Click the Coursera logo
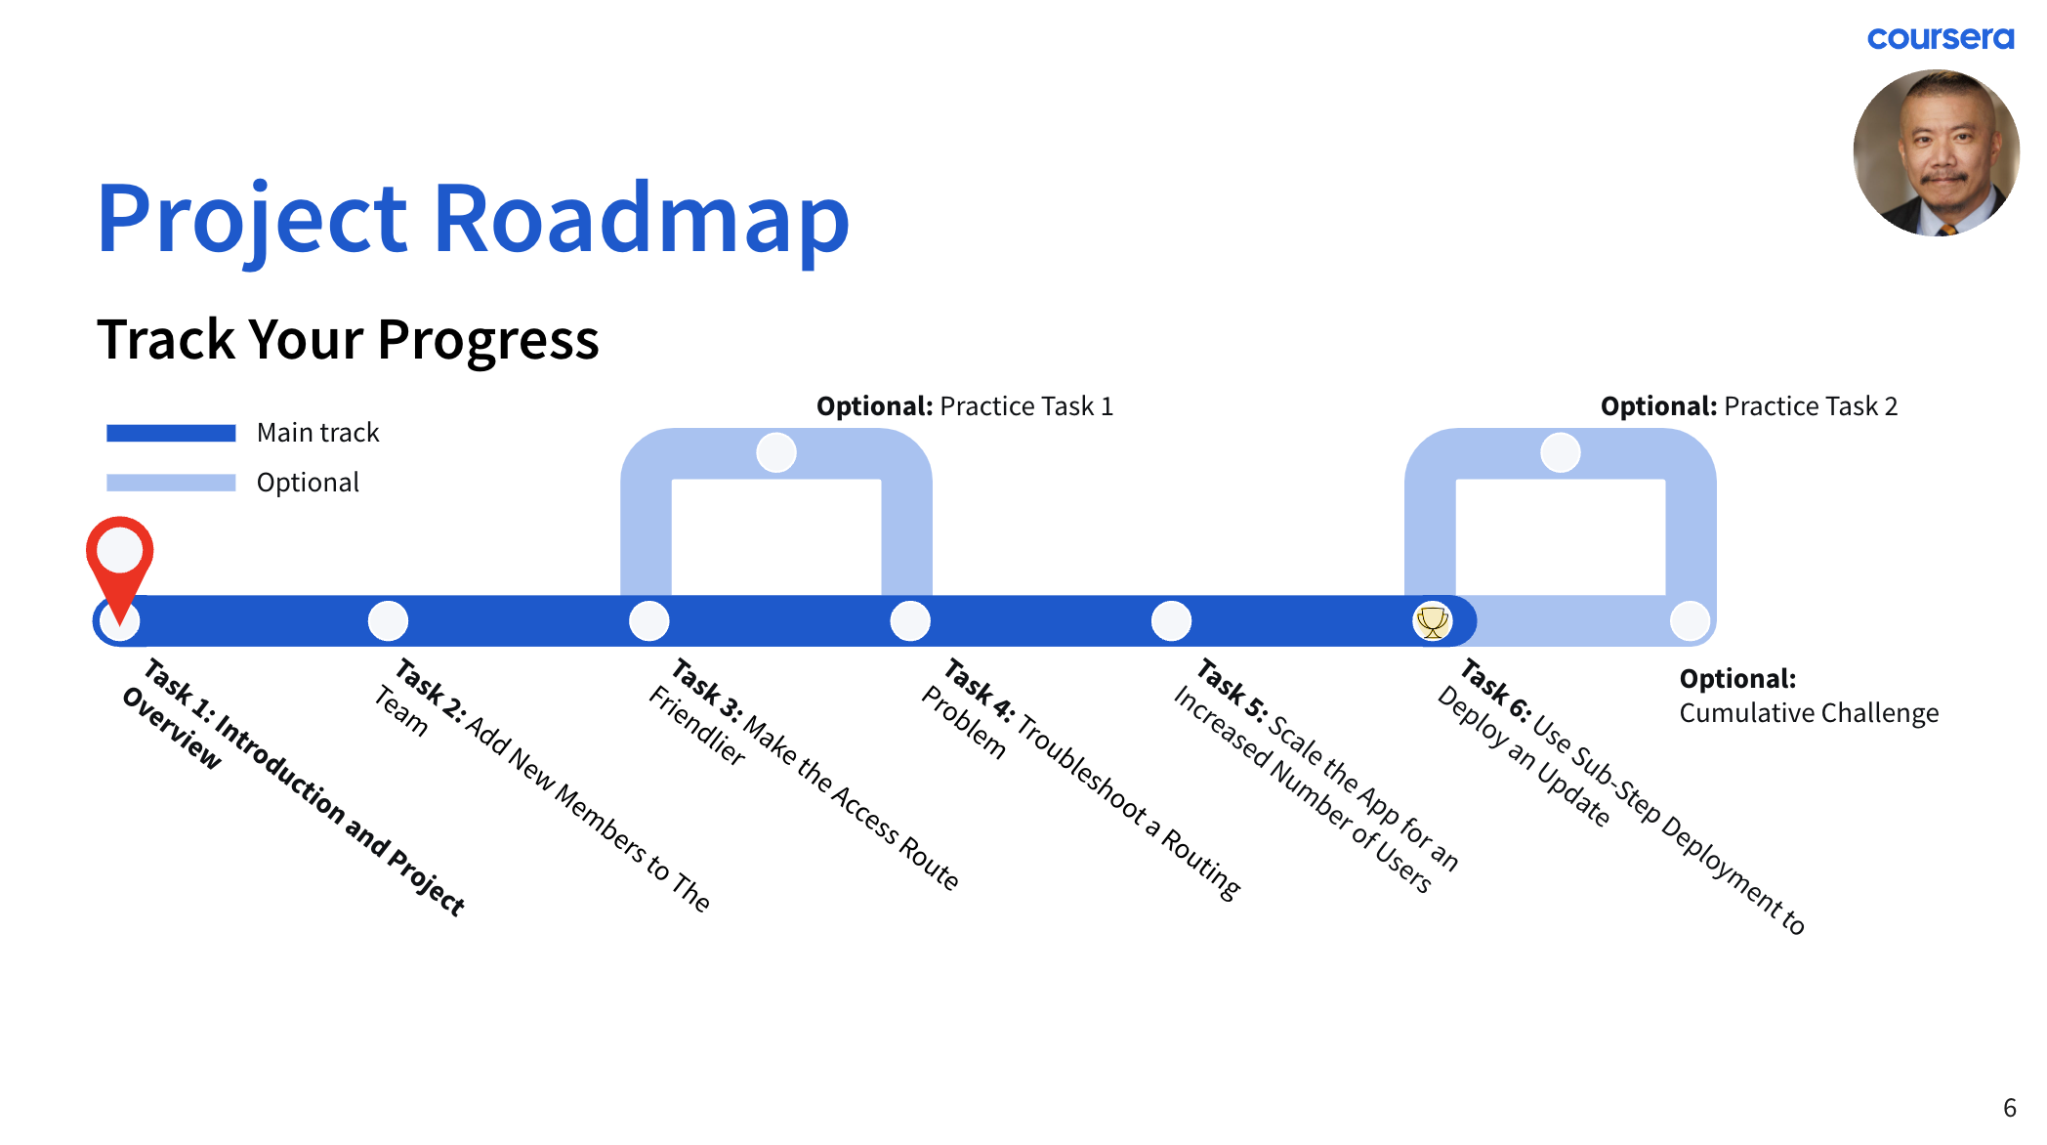tap(1940, 38)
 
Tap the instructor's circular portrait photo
tap(1936, 152)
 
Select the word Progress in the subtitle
tap(487, 340)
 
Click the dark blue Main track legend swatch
tap(171, 433)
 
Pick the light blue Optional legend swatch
tap(171, 483)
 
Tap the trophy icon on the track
tap(1432, 621)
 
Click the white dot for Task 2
tap(388, 621)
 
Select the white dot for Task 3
tap(649, 621)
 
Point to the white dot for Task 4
tap(910, 621)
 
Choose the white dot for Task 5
tap(1171, 621)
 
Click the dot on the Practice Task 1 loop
tap(776, 452)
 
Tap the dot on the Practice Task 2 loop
tap(1560, 452)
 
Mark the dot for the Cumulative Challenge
tap(1690, 621)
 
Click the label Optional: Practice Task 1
tap(964, 406)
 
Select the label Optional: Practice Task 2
tap(1748, 406)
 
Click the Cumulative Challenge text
tap(1809, 713)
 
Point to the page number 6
tap(2009, 1108)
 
